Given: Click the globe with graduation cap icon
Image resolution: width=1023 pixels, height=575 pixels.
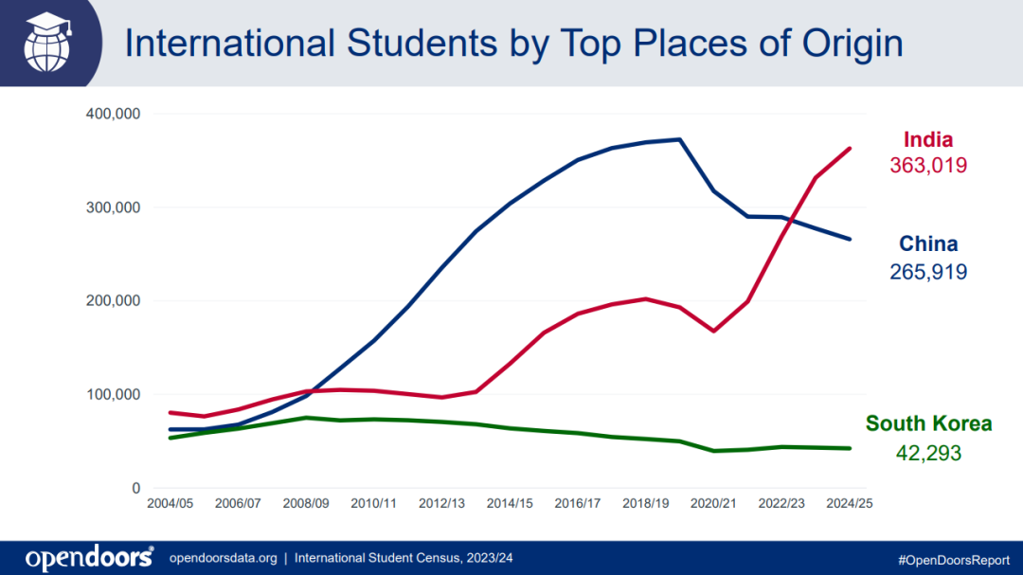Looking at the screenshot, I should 48,42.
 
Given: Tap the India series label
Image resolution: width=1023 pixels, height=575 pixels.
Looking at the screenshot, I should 927,139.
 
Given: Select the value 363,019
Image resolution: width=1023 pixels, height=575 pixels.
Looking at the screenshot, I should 927,166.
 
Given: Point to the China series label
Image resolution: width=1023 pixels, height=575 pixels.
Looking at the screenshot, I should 928,244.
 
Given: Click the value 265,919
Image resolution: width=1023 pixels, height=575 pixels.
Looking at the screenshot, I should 928,273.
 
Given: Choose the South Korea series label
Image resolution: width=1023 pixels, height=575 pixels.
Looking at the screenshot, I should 928,423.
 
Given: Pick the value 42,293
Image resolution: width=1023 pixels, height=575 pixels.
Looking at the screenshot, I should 928,453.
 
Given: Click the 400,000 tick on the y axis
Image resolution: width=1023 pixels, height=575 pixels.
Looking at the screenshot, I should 113,115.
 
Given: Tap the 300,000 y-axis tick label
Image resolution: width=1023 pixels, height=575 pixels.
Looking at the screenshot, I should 113,207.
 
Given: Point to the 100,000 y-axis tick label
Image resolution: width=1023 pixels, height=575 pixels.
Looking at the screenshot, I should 113,395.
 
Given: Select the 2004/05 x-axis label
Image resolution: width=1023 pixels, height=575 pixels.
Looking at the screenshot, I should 170,504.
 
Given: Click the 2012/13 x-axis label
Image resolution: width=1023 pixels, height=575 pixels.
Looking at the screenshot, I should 441,504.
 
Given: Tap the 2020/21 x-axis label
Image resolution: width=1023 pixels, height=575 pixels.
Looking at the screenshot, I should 713,504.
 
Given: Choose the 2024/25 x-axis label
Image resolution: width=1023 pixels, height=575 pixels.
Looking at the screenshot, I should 850,504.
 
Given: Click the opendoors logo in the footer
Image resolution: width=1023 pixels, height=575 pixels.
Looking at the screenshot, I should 89,558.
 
